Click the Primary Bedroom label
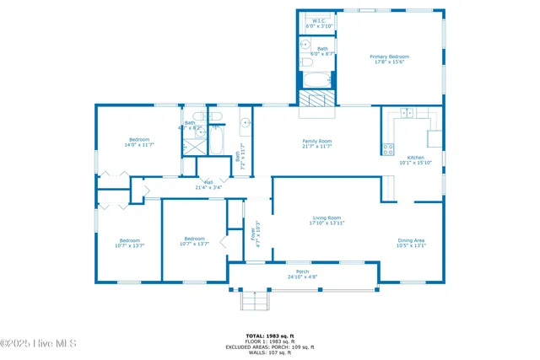click(x=388, y=60)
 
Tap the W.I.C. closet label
click(x=319, y=24)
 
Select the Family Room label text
click(x=317, y=143)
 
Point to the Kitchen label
click(x=416, y=160)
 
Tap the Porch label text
click(x=302, y=274)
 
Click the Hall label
click(x=208, y=185)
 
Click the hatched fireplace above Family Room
click(x=318, y=98)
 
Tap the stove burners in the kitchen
click(x=388, y=150)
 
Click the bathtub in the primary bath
click(x=318, y=82)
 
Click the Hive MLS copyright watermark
click(x=39, y=343)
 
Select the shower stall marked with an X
click(x=195, y=144)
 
